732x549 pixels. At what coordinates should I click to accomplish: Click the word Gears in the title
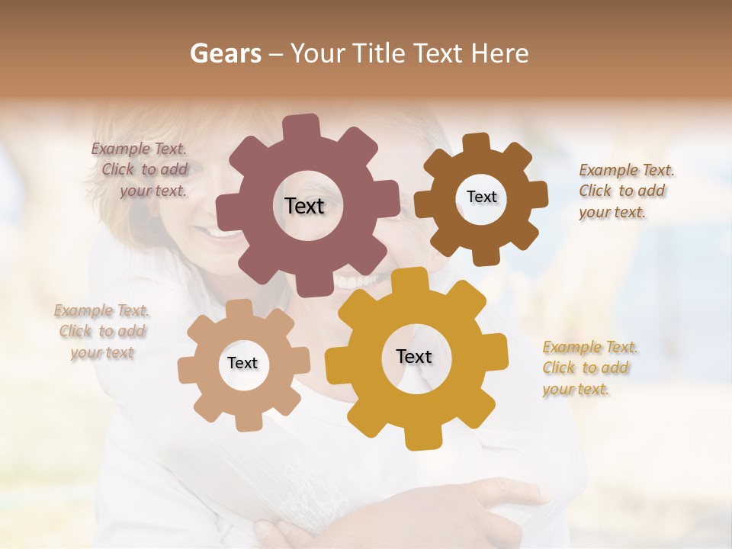226,53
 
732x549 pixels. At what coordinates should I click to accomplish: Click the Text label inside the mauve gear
304,206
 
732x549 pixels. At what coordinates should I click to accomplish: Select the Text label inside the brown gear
481,197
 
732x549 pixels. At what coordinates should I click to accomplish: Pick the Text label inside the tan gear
242,363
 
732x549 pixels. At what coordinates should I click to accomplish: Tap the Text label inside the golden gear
414,356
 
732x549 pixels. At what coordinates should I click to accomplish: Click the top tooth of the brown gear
477,143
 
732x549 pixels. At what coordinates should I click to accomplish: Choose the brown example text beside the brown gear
626,191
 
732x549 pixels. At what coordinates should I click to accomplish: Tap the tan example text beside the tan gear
102,331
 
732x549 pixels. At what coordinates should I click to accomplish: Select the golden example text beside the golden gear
590,368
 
